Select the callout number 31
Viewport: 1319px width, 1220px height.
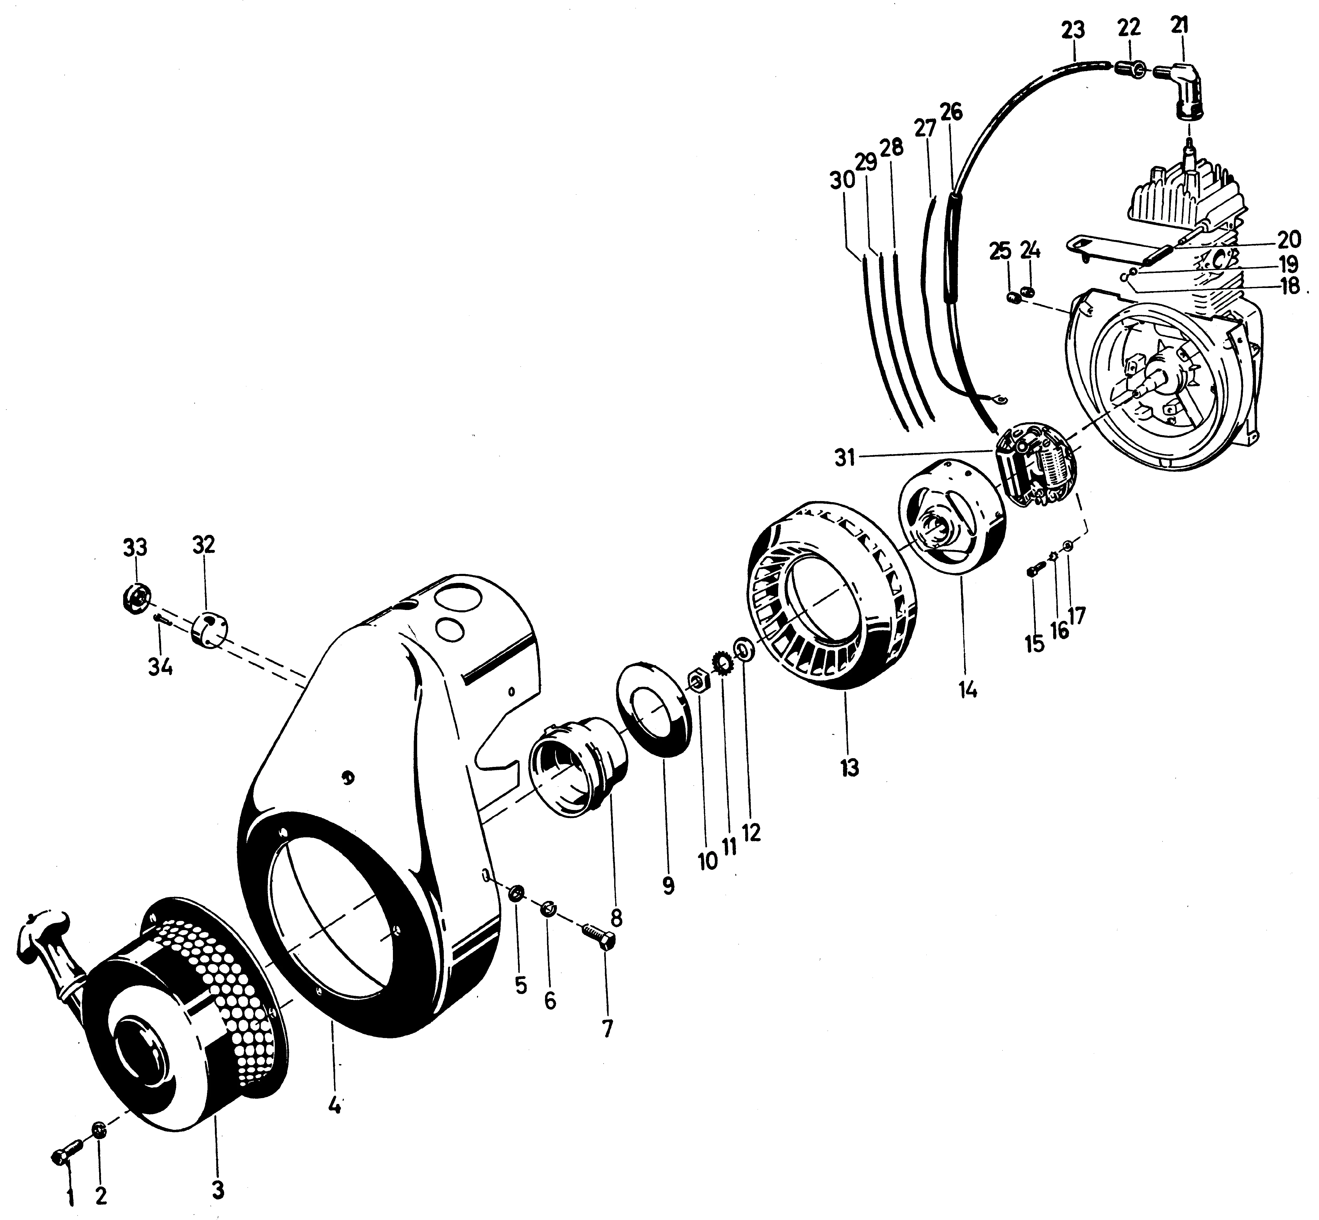845,457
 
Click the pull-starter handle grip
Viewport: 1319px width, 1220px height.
40,931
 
